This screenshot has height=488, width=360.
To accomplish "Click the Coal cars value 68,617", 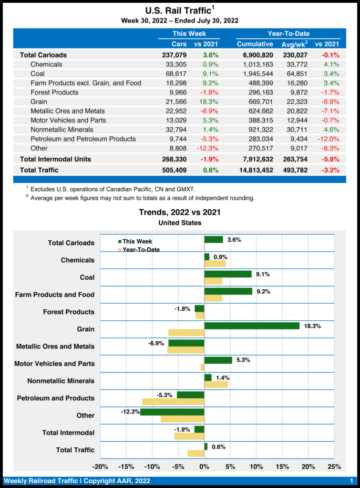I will click(x=175, y=74).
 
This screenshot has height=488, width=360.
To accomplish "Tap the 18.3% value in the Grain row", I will click(x=209, y=102).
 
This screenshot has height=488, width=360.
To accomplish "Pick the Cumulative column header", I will click(x=255, y=44).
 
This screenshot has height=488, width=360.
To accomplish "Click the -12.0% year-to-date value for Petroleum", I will click(x=328, y=139).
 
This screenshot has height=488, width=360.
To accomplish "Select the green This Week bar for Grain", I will click(x=252, y=326).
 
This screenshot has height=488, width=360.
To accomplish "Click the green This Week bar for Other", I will click(x=172, y=412).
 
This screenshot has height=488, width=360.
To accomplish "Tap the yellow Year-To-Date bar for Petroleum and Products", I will click(x=173, y=402).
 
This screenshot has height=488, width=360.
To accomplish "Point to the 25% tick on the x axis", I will click(x=334, y=466).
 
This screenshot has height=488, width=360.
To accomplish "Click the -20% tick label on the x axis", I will click(x=100, y=466).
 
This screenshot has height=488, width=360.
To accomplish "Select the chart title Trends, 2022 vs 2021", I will click(x=180, y=212).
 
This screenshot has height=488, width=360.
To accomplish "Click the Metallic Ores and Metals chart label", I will click(x=55, y=346).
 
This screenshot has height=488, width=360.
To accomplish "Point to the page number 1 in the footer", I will click(x=351, y=481).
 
